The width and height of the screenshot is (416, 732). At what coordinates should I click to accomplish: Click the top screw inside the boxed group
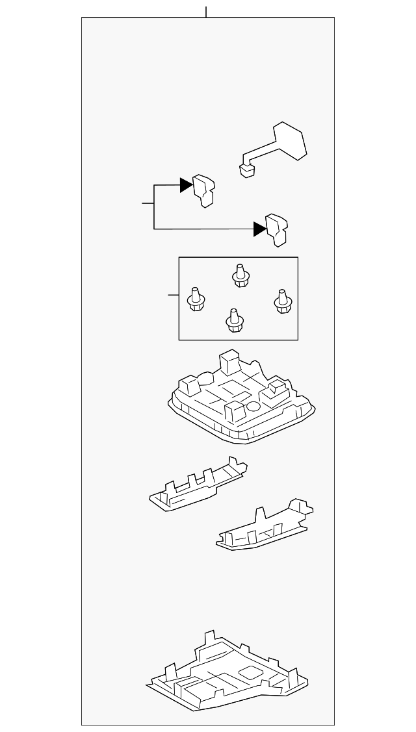(240, 276)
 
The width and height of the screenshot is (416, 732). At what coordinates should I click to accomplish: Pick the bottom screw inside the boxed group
(235, 320)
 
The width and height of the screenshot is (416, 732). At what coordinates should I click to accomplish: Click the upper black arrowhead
(187, 185)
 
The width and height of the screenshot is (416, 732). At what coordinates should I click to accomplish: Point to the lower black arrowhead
(260, 229)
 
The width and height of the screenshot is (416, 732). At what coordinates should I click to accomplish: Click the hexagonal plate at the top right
(290, 140)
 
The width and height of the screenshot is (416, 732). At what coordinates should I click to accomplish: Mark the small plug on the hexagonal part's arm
(246, 170)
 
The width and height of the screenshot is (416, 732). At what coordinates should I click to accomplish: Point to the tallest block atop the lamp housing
(230, 362)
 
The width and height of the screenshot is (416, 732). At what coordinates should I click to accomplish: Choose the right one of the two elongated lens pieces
(264, 527)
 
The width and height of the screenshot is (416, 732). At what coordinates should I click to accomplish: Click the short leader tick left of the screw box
(173, 296)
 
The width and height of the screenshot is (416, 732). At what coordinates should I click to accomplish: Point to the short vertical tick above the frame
(206, 12)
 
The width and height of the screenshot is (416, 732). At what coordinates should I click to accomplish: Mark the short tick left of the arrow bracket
(148, 203)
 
